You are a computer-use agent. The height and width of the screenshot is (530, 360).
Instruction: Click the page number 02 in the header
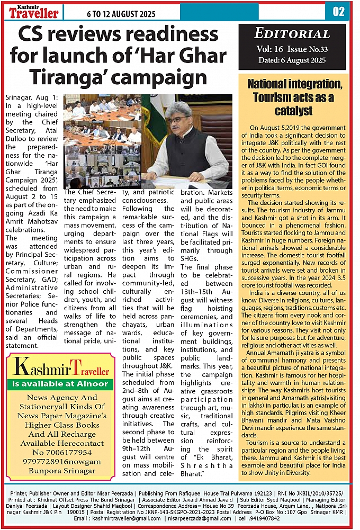click(339, 11)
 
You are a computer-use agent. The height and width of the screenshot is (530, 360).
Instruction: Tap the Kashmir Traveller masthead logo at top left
click(33, 11)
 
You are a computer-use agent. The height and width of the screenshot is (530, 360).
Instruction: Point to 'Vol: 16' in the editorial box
click(273, 49)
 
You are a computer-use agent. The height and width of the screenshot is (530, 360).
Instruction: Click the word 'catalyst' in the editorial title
click(293, 111)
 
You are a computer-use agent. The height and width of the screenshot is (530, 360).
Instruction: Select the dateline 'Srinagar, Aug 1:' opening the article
click(32, 99)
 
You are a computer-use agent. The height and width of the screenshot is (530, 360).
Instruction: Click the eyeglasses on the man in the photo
click(177, 120)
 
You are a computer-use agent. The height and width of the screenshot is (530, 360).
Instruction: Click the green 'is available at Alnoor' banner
click(60, 383)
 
